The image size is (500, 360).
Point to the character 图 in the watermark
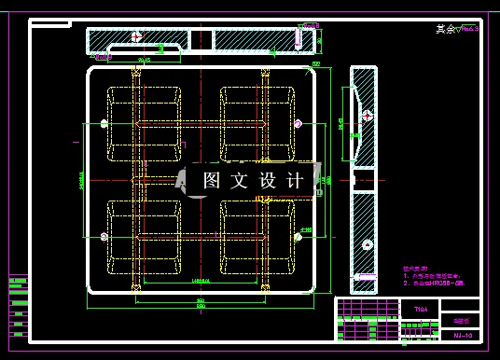click(x=212, y=180)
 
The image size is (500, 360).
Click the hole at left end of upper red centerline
click(x=103, y=123)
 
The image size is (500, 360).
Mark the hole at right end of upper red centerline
click(x=298, y=123)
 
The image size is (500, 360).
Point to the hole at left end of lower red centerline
click(x=103, y=236)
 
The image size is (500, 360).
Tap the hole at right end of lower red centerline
click(x=298, y=236)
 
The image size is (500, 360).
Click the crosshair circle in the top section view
click(x=137, y=37)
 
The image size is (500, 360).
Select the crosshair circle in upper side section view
click(x=368, y=116)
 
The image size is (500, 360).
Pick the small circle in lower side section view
click(x=367, y=244)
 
